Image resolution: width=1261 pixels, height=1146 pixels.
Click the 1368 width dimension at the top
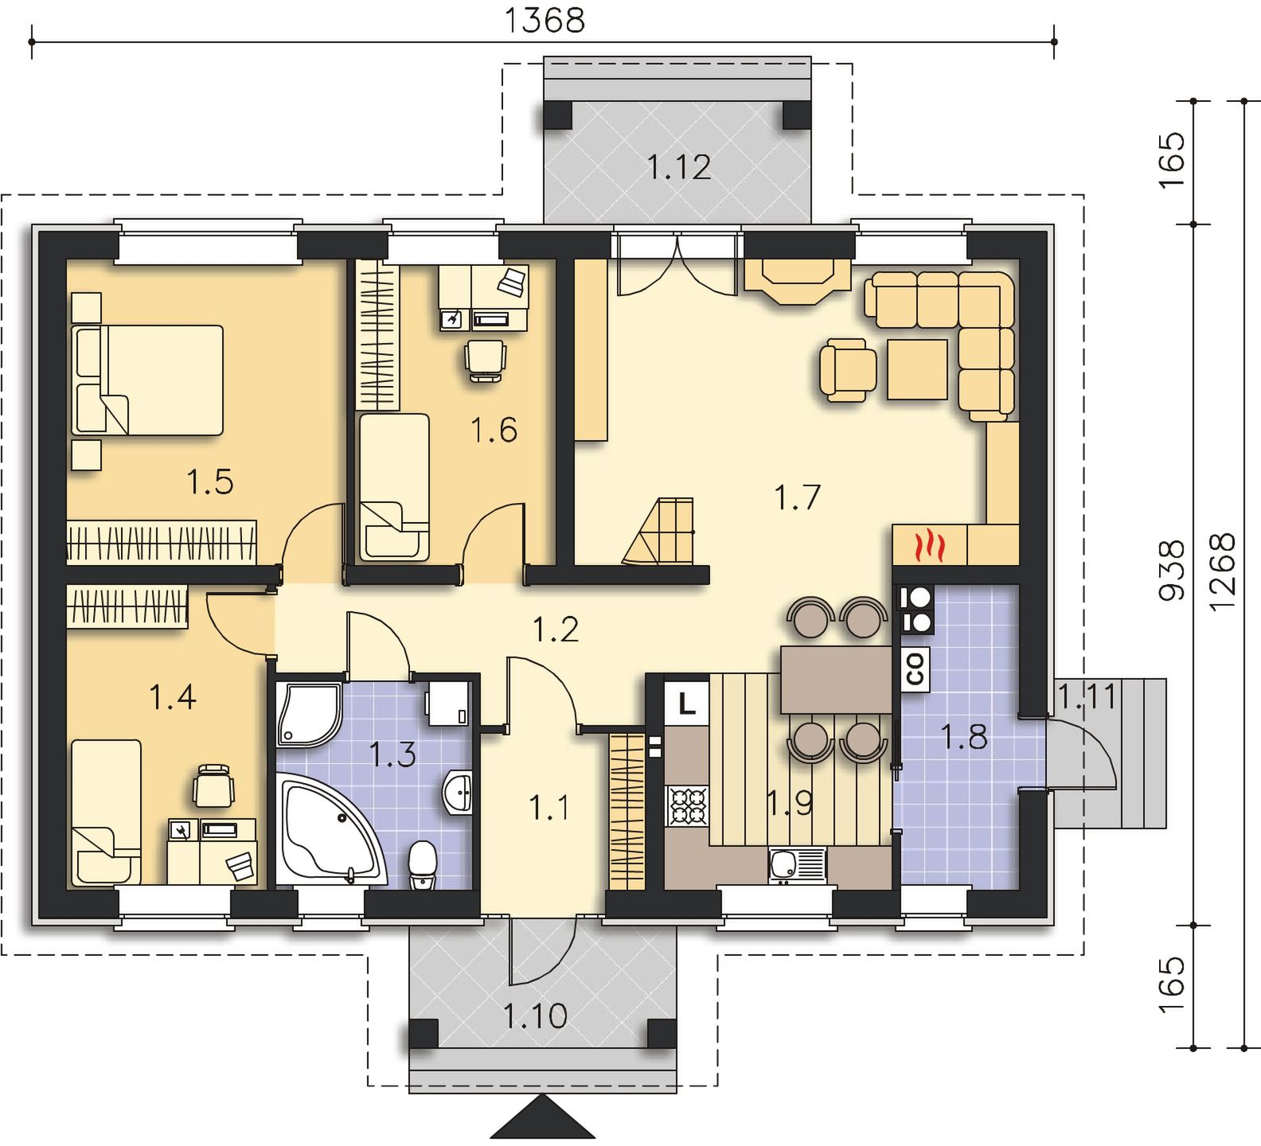545,20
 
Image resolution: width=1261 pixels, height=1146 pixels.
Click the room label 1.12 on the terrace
678,168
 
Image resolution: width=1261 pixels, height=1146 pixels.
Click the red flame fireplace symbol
930,546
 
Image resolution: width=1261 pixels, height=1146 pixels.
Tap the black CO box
916,668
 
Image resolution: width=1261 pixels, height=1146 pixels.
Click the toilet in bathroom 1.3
421,867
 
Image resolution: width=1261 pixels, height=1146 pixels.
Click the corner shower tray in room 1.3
309,714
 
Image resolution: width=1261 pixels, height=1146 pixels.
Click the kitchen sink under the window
797,866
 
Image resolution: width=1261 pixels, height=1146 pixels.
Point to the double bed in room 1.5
146,380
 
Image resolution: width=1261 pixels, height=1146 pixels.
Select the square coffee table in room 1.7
919,368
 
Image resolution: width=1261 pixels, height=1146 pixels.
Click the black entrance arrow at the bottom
543,1117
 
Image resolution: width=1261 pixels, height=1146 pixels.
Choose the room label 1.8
965,736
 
